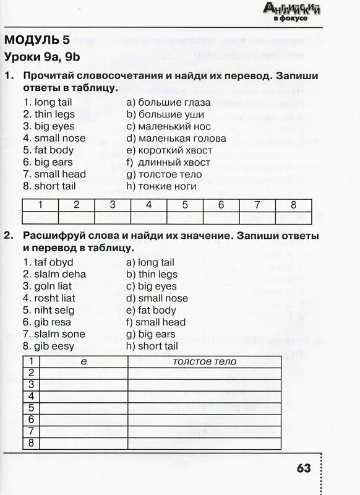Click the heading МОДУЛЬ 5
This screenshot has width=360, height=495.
tap(36, 41)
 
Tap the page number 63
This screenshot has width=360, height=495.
tap(303, 468)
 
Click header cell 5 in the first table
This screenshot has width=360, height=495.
tap(185, 205)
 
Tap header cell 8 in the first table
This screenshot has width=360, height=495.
tap(293, 205)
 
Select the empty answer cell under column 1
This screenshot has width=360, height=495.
tap(40, 217)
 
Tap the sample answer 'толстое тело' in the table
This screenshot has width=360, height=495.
tap(204, 361)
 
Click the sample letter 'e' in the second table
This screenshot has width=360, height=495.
tap(84, 361)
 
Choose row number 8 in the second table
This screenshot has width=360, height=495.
tap(30, 443)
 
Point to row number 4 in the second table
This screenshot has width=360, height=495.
tap(30, 396)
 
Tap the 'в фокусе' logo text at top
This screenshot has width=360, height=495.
tap(290, 19)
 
